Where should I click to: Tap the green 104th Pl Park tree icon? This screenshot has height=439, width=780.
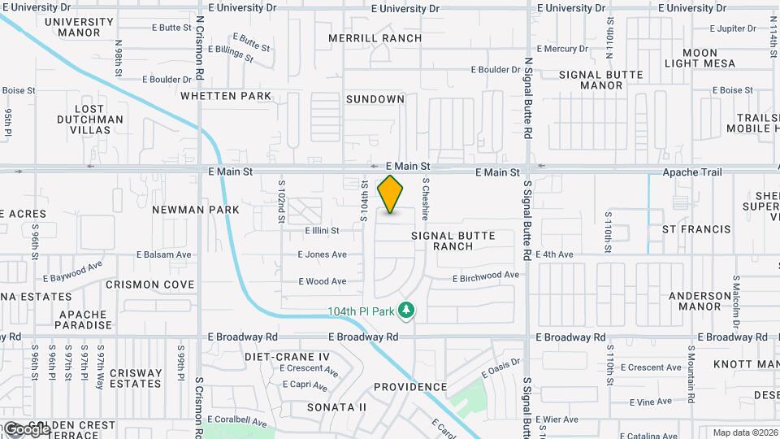click(408, 311)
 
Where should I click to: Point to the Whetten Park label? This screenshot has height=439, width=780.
click(225, 96)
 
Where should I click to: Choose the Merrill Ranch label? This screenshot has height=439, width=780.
click(375, 38)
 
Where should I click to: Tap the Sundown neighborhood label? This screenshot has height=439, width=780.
click(375, 99)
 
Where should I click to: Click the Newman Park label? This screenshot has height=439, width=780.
click(196, 210)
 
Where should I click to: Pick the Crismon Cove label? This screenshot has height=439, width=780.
click(150, 285)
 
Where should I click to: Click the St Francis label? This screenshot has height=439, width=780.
click(696, 230)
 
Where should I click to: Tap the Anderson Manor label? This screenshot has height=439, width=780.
click(700, 302)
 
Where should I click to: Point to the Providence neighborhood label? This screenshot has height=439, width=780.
click(410, 387)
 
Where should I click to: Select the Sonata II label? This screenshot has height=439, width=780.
click(336, 406)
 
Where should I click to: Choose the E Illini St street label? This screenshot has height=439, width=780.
click(316, 231)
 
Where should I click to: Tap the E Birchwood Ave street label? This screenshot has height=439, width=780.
click(485, 276)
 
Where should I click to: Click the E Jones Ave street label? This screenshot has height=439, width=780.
click(322, 254)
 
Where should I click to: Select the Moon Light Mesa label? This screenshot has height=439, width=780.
click(700, 58)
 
